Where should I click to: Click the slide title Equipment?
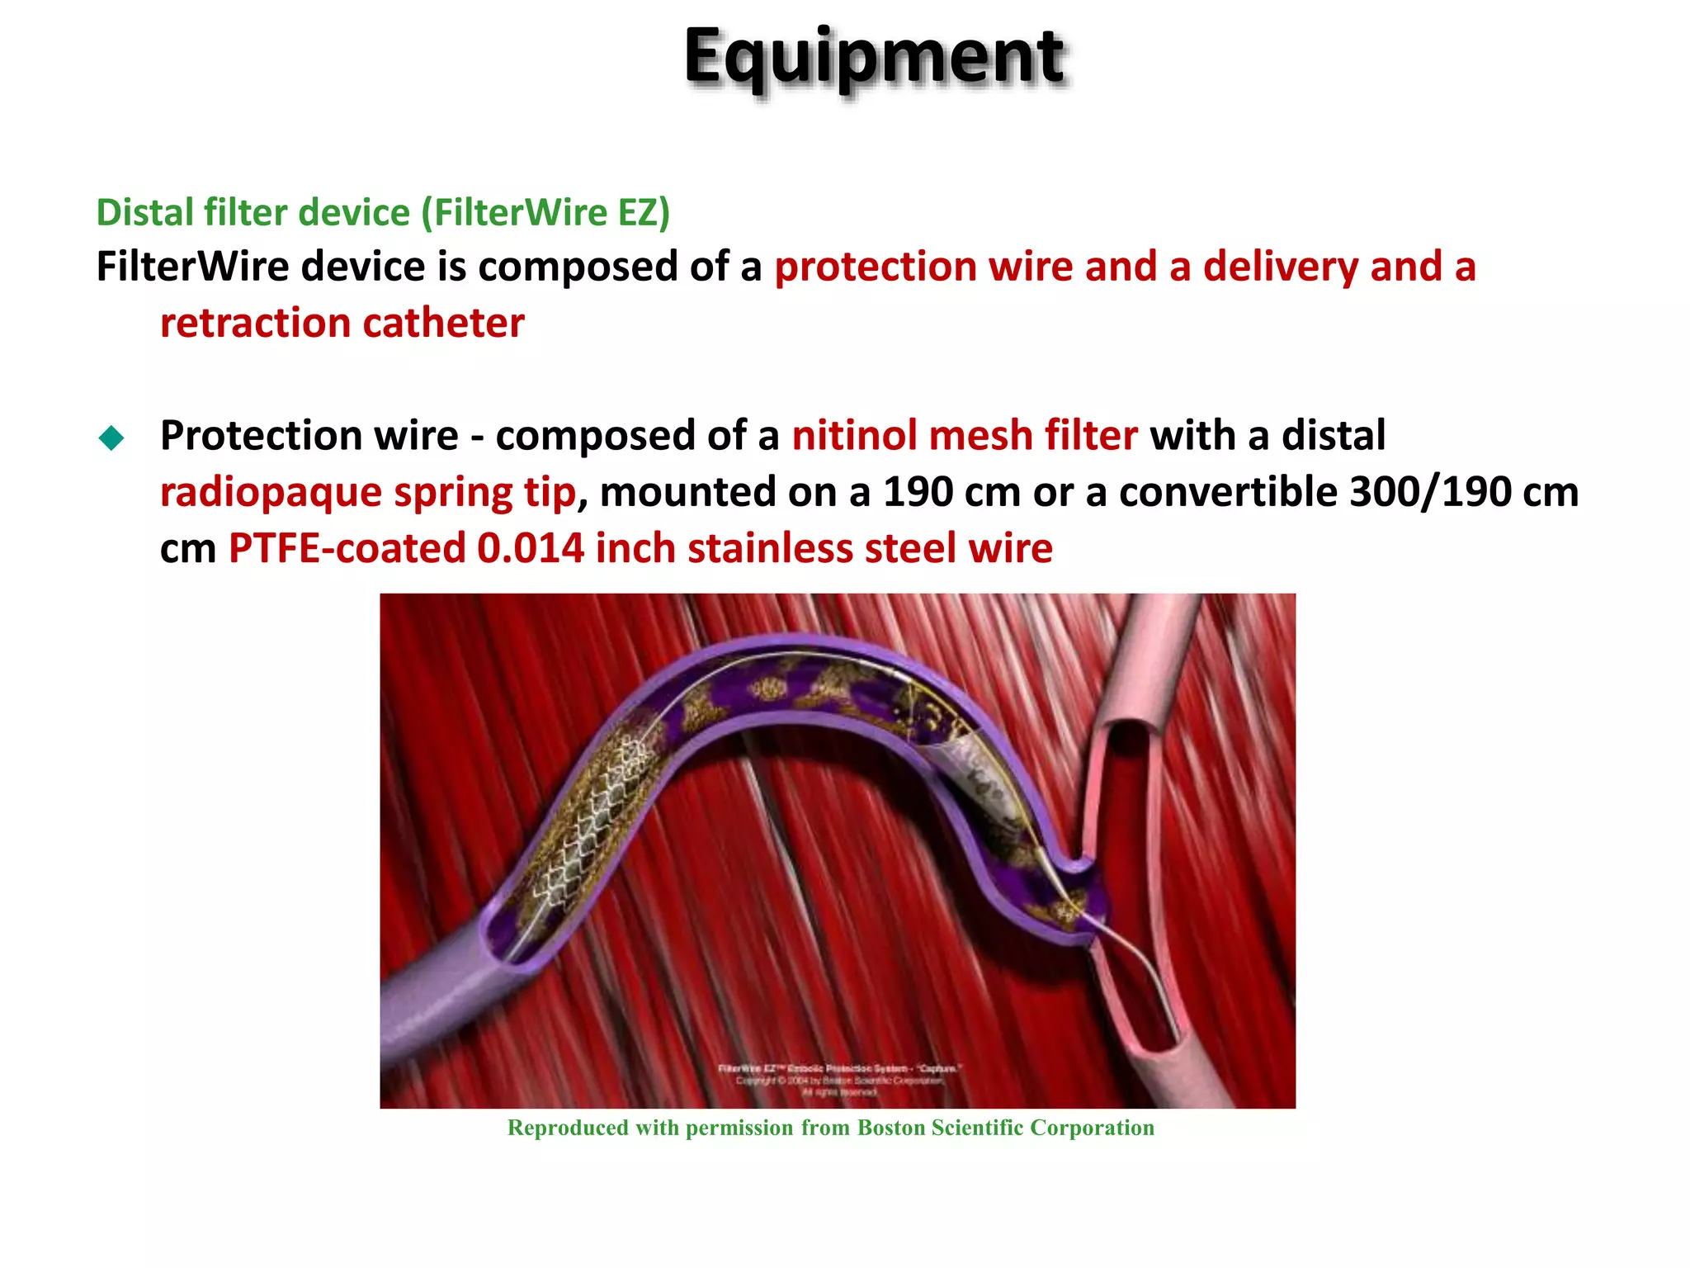[875, 58]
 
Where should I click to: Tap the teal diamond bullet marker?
[111, 438]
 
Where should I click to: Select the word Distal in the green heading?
[144, 212]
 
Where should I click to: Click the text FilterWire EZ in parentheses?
[545, 212]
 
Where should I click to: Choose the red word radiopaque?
[271, 493]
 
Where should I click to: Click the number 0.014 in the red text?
[530, 549]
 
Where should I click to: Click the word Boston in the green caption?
[890, 1128]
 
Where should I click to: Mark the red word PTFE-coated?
[347, 549]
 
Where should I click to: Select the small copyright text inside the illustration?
[838, 1080]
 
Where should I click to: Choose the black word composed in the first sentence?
[581, 267]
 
